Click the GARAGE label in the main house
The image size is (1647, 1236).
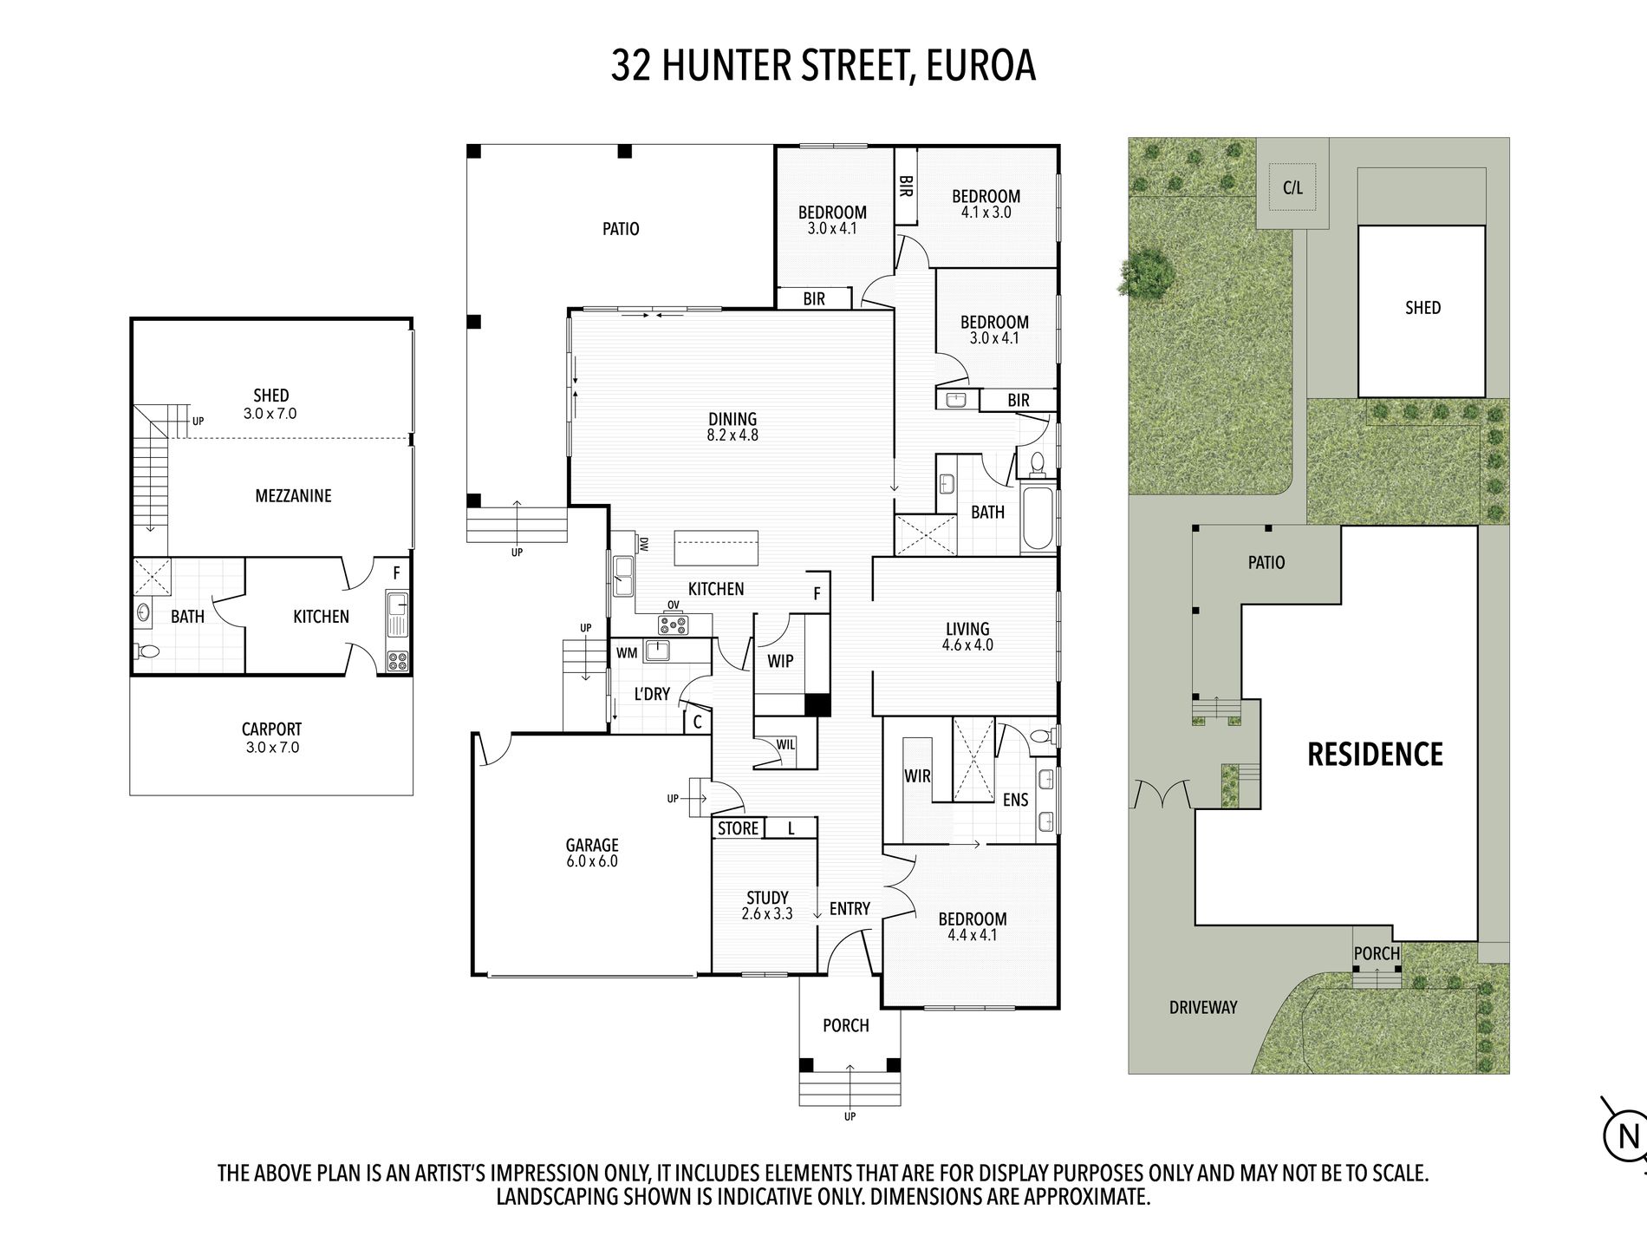pyautogui.click(x=592, y=844)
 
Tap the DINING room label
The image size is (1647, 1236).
pyautogui.click(x=732, y=419)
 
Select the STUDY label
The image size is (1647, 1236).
pyautogui.click(x=767, y=897)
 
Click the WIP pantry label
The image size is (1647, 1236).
pyautogui.click(x=780, y=661)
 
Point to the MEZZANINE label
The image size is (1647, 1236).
pyautogui.click(x=293, y=496)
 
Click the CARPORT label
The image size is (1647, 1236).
pyautogui.click(x=271, y=729)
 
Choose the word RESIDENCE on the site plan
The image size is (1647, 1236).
pyautogui.click(x=1375, y=755)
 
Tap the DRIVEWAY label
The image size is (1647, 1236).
pyautogui.click(x=1203, y=1007)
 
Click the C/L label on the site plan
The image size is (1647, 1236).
pyautogui.click(x=1292, y=187)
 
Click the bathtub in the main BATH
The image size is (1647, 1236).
pyautogui.click(x=1038, y=520)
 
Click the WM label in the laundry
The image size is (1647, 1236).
pyautogui.click(x=627, y=653)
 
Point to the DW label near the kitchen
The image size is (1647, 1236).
pyautogui.click(x=643, y=545)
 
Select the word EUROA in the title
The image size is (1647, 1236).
pyautogui.click(x=981, y=66)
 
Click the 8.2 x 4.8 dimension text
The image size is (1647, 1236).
pyautogui.click(x=732, y=435)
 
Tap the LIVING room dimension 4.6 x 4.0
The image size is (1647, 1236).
pyautogui.click(x=967, y=645)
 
